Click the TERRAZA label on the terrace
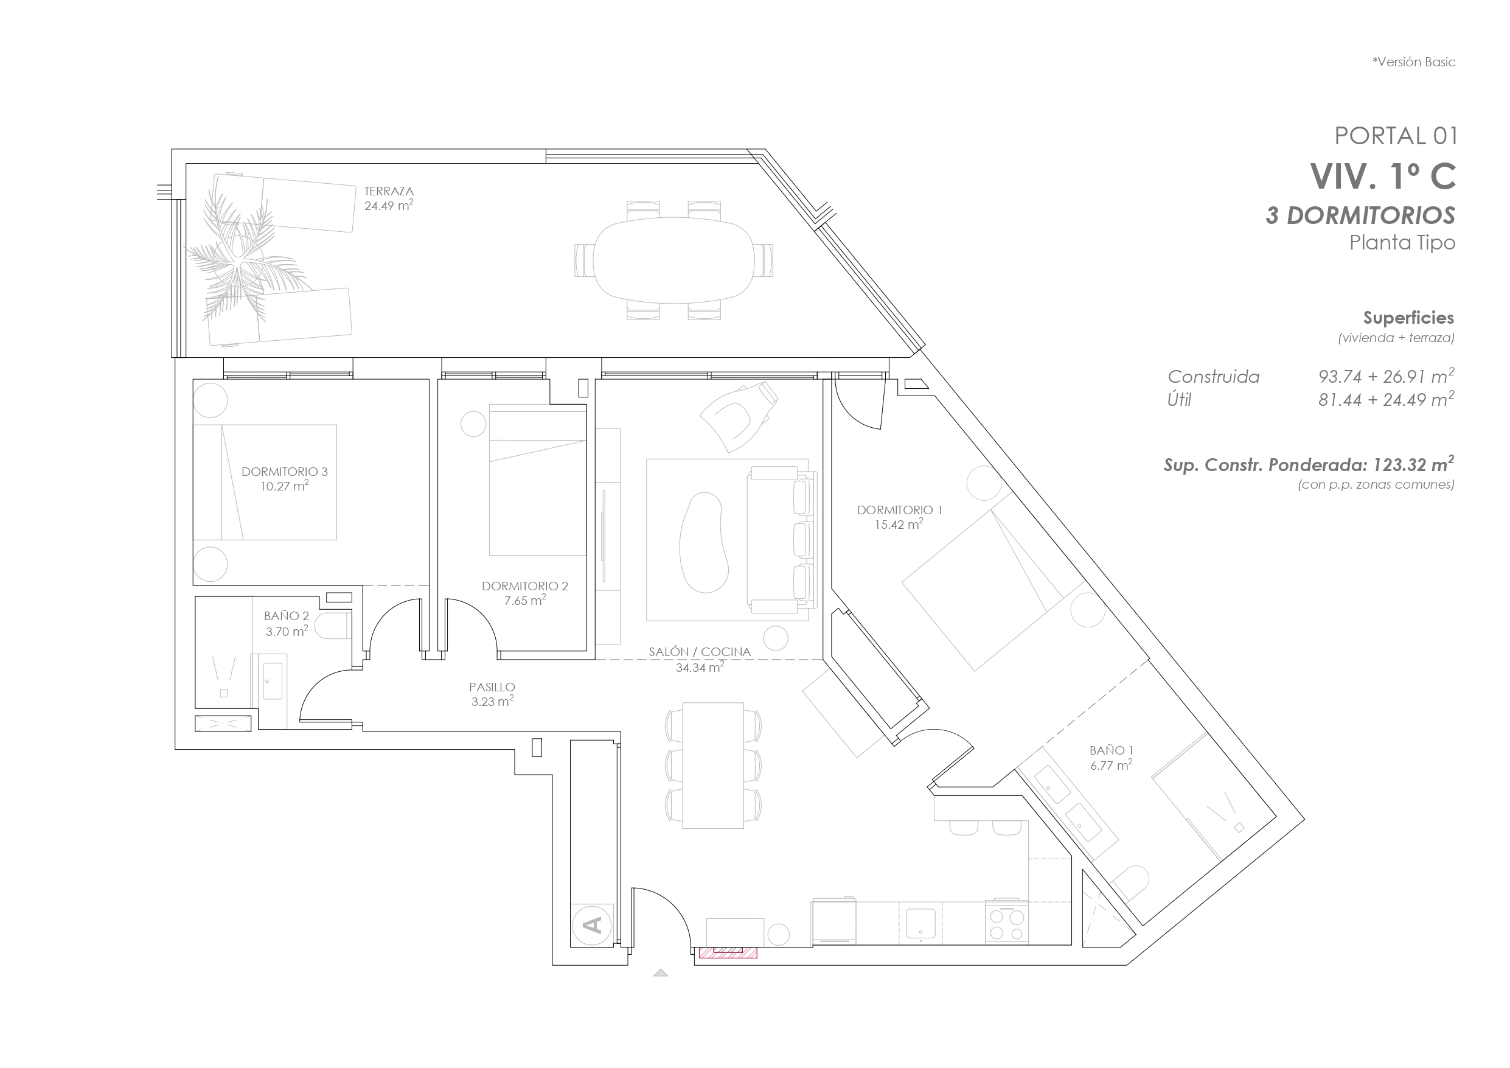click(389, 191)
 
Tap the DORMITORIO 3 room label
click(284, 471)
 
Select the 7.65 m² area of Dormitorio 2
click(525, 600)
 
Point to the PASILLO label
click(492, 686)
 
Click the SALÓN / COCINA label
click(699, 652)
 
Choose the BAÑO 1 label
click(1111, 750)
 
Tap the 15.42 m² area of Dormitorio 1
click(899, 525)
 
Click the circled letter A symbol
click(592, 924)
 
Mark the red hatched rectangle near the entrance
click(728, 952)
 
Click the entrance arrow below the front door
click(660, 972)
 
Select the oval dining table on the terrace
click(673, 260)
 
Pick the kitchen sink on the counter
click(920, 923)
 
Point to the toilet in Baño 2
click(332, 626)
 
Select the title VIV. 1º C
click(1382, 176)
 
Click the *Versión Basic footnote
click(1413, 62)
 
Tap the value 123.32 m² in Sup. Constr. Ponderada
click(1413, 464)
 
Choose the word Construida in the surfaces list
click(1213, 377)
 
